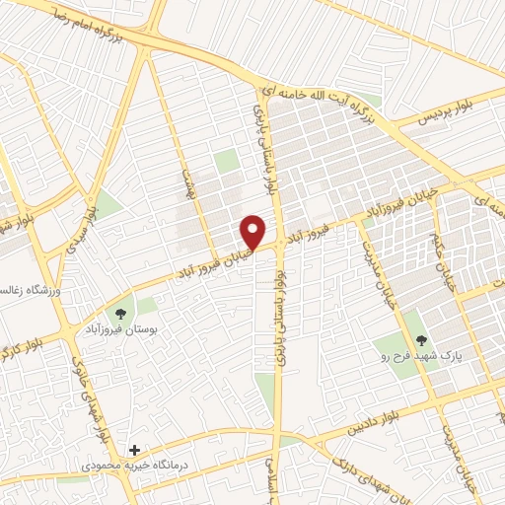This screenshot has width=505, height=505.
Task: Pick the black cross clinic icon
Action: coord(134,449)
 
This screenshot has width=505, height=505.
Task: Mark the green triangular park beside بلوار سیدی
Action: coord(106,205)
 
